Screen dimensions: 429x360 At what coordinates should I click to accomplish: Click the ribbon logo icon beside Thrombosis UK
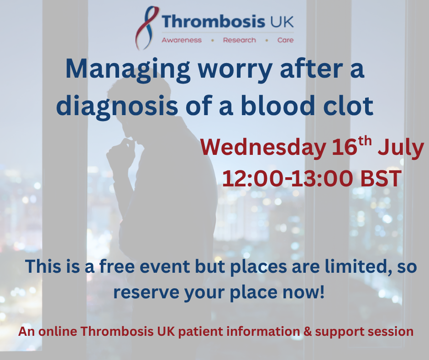(x=147, y=27)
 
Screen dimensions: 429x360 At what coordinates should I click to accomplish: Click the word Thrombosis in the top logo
(x=214, y=21)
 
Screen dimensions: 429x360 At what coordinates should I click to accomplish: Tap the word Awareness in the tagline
(x=182, y=40)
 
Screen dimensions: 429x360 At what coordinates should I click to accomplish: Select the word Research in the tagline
(x=240, y=40)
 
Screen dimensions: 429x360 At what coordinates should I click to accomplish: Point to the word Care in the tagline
(x=285, y=40)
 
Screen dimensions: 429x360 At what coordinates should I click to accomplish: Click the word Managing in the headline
(x=128, y=70)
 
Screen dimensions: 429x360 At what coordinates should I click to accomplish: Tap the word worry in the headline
(x=235, y=72)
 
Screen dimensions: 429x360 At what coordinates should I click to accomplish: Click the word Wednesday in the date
(x=263, y=148)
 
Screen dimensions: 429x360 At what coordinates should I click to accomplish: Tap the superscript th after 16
(x=365, y=141)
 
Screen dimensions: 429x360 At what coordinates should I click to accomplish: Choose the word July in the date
(x=401, y=148)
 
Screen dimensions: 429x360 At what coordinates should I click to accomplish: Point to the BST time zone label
(x=381, y=178)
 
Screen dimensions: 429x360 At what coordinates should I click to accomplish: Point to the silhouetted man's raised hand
(x=120, y=154)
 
